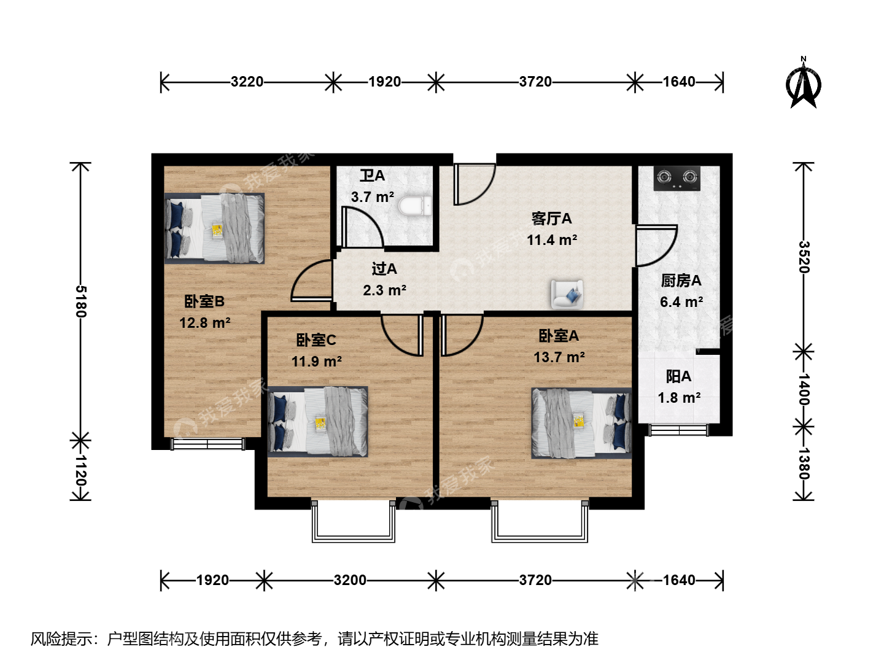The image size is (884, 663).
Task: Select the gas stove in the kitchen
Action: [677, 178]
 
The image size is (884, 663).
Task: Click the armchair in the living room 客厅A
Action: [567, 295]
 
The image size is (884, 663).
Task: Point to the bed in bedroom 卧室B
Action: [215, 228]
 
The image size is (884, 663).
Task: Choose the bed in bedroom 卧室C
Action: [318, 422]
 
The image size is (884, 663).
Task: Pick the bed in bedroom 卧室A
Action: [581, 424]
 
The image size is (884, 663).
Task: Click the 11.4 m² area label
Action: [552, 240]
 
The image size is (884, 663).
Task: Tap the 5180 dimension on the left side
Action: [81, 301]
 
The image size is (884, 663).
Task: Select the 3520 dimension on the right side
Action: [804, 257]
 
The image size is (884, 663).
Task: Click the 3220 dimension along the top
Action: [247, 82]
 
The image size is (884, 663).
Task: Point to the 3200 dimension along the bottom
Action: [350, 580]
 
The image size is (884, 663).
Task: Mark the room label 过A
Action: [384, 269]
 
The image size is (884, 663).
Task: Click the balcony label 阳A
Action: [678, 377]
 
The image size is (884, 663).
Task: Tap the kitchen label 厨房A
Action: [681, 281]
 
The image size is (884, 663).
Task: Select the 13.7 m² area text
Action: [559, 357]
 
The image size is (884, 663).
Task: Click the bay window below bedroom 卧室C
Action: [353, 521]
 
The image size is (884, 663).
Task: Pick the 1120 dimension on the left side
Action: [81, 471]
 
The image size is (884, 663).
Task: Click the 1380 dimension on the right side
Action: [804, 463]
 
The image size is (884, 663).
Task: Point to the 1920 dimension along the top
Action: [385, 82]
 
